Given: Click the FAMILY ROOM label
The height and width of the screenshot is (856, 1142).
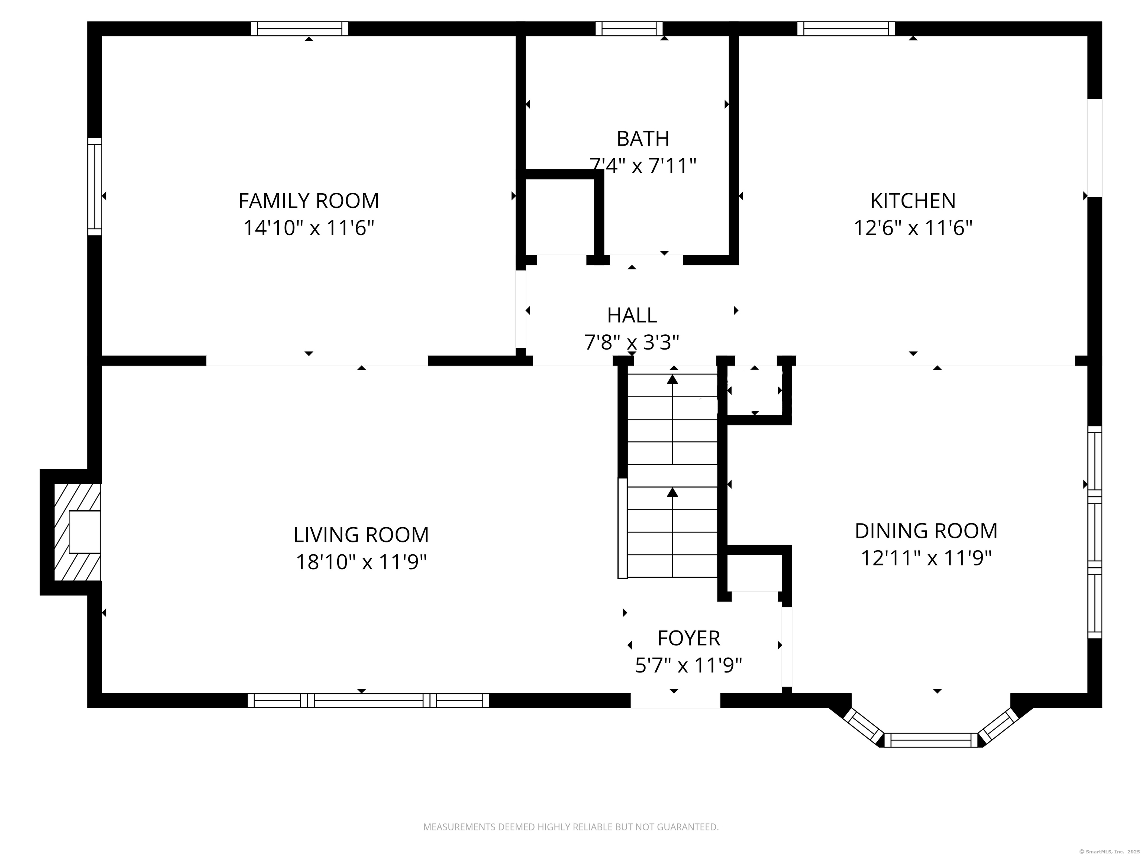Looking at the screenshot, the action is tap(309, 201).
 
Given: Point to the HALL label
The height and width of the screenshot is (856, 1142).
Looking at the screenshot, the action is tap(632, 315).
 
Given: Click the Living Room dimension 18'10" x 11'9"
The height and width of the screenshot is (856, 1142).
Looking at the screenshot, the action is tap(361, 562).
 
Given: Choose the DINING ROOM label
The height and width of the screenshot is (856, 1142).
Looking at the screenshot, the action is tap(926, 531).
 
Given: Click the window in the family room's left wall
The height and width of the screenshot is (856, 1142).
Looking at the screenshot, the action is tap(94, 186).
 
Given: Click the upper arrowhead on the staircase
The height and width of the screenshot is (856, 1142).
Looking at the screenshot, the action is tap(672, 379).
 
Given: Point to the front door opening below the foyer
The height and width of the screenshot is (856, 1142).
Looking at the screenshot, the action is tap(675, 700).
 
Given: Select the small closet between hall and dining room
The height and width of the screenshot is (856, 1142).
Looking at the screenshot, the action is tap(755, 390).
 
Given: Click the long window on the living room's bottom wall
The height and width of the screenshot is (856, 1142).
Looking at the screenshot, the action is tap(368, 700).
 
